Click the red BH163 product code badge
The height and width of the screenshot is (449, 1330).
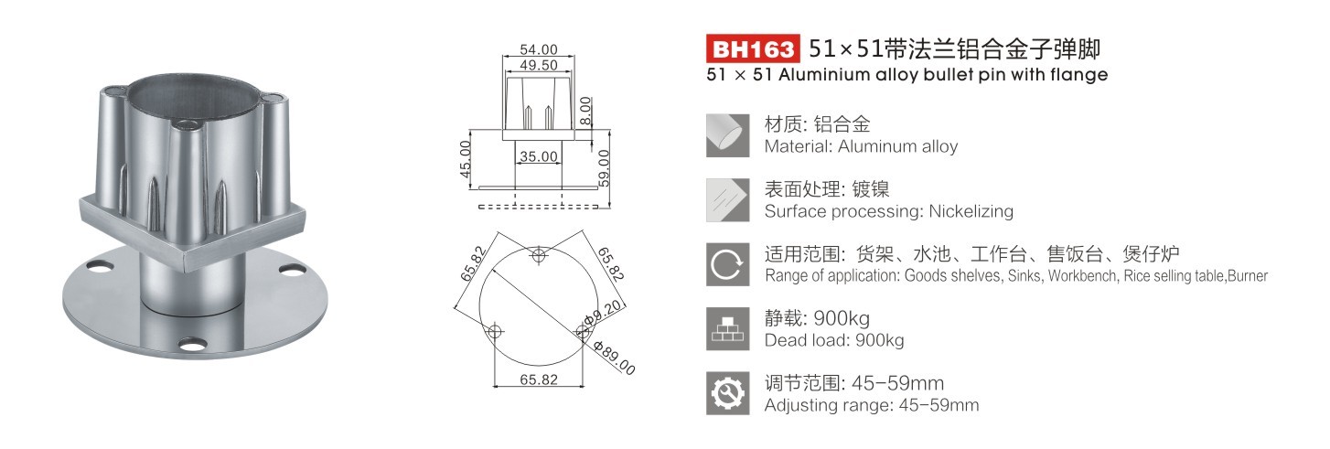point(753,48)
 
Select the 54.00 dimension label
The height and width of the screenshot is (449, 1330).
point(539,49)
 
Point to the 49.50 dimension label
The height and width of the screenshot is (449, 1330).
point(539,65)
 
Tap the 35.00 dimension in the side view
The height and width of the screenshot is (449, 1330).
point(539,156)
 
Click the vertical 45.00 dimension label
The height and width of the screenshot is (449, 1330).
point(466,159)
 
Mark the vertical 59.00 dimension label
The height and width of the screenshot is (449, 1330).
point(604,168)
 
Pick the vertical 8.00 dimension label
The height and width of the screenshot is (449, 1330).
point(585,111)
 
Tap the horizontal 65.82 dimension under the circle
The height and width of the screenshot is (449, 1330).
point(539,379)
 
